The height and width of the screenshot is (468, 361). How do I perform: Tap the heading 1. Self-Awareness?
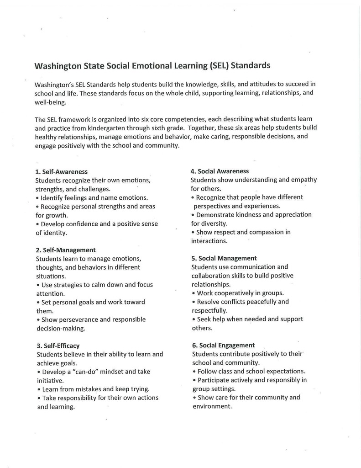tap(61, 172)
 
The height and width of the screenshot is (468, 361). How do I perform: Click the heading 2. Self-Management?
tap(65, 250)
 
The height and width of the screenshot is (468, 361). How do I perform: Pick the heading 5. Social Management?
tap(224, 258)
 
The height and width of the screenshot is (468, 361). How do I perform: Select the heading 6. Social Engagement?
tap(223, 346)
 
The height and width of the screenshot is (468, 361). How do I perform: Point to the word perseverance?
tap(79, 319)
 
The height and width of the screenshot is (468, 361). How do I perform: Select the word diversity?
tap(214, 223)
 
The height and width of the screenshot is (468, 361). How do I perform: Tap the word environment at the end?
tap(212, 406)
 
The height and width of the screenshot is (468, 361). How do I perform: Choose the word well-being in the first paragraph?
tap(50, 102)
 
